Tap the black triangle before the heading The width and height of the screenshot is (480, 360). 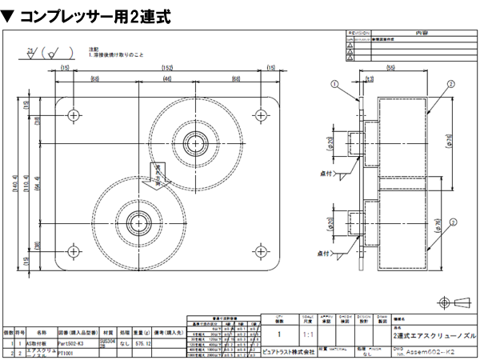pyautogui.click(x=9, y=14)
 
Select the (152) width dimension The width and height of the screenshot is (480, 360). pyautogui.click(x=167, y=68)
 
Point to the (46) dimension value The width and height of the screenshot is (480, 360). pyautogui.click(x=167, y=80)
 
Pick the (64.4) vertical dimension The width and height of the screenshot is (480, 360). pyautogui.click(x=47, y=183)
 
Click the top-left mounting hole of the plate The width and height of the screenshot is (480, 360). pyautogui.click(x=74, y=115)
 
